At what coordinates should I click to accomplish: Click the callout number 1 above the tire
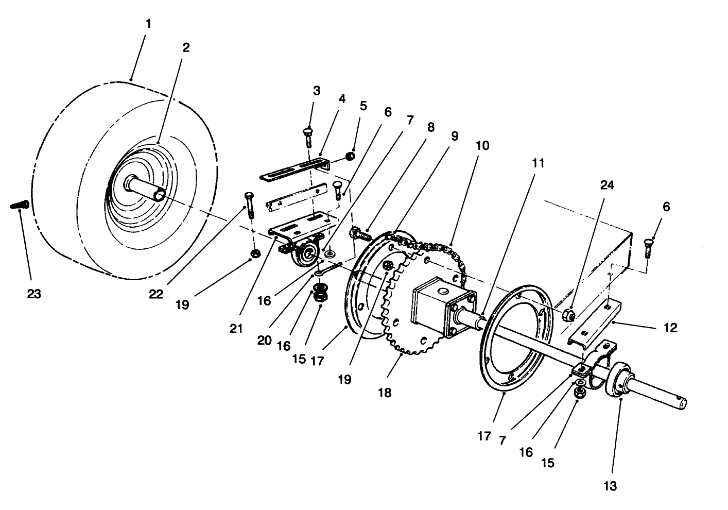click(148, 24)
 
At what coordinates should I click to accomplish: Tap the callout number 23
click(34, 294)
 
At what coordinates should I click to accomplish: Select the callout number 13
click(610, 485)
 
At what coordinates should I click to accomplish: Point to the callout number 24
click(608, 185)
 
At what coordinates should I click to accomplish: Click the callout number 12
click(670, 328)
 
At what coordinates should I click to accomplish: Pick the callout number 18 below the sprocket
click(384, 393)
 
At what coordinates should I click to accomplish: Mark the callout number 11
click(538, 163)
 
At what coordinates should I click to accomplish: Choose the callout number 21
click(236, 329)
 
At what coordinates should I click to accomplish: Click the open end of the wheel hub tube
click(161, 195)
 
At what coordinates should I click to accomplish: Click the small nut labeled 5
click(350, 156)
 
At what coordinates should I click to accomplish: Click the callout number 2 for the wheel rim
click(186, 47)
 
